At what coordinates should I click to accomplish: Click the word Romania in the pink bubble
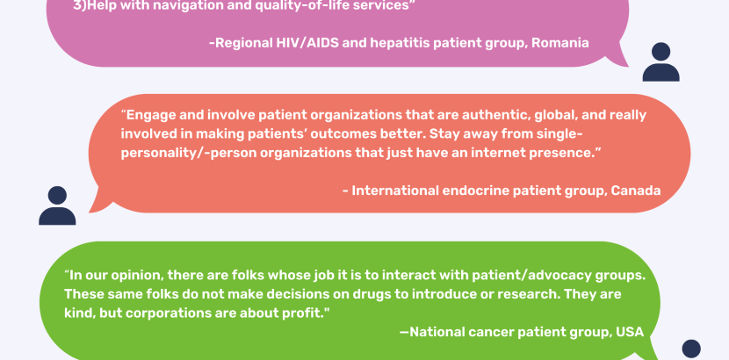(x=560, y=43)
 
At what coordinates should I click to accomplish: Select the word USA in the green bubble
(x=630, y=332)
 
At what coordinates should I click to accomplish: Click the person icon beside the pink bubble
(x=660, y=61)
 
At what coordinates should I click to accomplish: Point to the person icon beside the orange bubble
(x=57, y=205)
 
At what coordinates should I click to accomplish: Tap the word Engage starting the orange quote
(x=149, y=115)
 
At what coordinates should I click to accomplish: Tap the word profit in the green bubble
(x=302, y=313)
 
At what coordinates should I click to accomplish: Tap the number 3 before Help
(x=76, y=6)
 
